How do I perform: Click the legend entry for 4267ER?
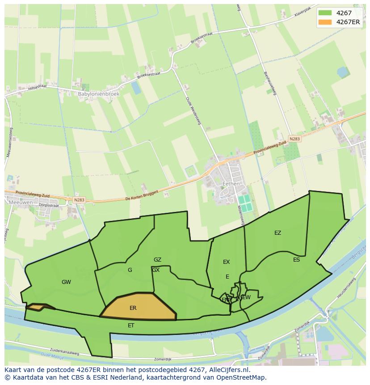[348, 22]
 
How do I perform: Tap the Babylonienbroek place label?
[98, 94]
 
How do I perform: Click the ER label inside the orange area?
[133, 308]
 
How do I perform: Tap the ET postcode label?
[131, 326]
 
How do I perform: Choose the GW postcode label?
[66, 282]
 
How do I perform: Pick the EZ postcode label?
[277, 233]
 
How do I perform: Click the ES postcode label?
[296, 260]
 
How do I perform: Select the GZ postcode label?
[157, 260]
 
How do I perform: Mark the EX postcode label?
[226, 262]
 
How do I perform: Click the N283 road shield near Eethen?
[294, 139]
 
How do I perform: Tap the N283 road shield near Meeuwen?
[79, 200]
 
